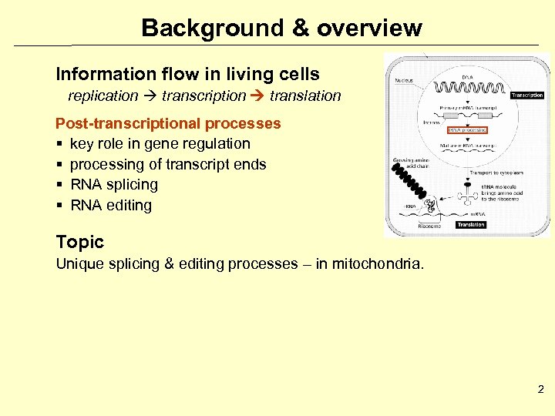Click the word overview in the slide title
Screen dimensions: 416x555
point(369,29)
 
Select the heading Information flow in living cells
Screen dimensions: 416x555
point(187,74)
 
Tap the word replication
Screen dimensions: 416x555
point(103,96)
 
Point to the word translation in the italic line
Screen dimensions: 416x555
point(304,96)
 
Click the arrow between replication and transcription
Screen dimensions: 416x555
point(150,96)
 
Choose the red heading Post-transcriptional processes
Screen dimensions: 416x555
point(168,123)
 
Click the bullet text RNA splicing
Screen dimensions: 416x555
point(113,185)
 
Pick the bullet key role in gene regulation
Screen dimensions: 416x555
point(160,144)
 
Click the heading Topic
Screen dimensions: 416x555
point(79,242)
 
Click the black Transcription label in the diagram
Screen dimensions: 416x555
point(526,96)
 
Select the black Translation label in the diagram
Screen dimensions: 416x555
point(470,225)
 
